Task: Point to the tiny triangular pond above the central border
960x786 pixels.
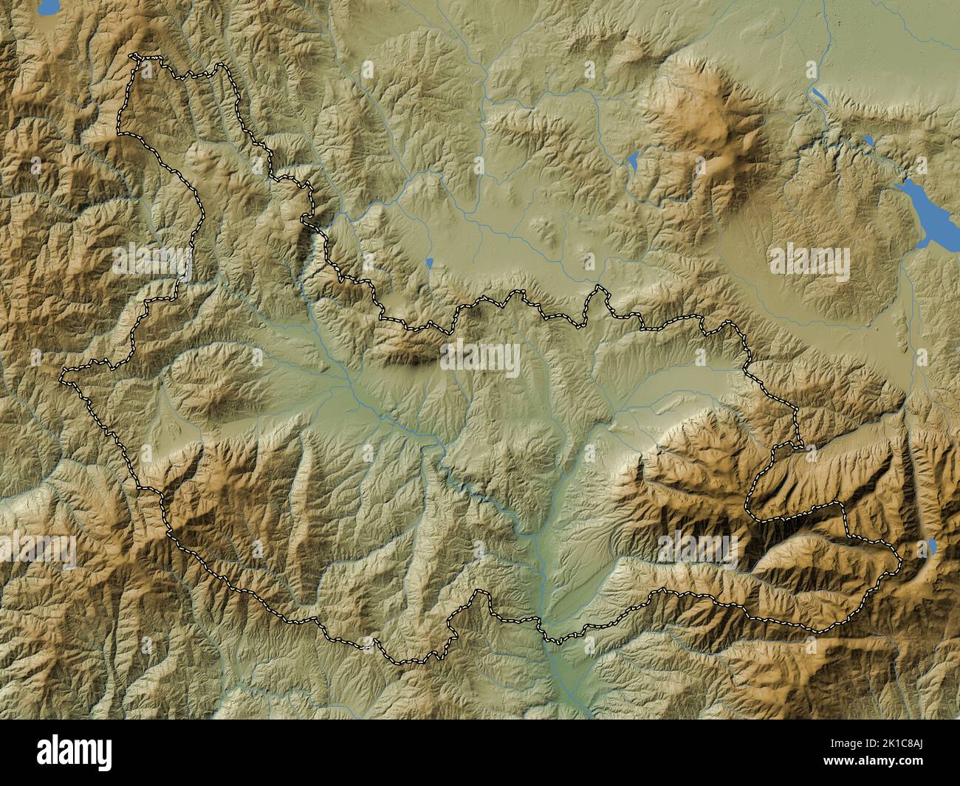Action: click(x=429, y=262)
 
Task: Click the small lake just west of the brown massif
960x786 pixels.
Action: click(x=633, y=160)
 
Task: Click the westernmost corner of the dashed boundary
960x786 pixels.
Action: click(x=62, y=379)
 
